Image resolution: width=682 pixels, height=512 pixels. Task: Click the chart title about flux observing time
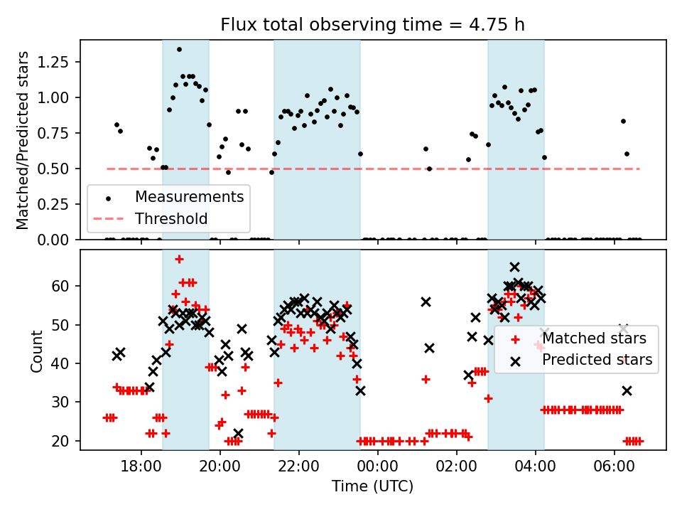373,25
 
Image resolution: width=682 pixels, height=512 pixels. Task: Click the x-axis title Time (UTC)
373,486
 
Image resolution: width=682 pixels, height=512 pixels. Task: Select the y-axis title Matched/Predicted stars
23,140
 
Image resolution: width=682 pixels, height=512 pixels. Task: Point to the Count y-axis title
37,350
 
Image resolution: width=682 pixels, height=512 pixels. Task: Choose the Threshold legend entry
171,218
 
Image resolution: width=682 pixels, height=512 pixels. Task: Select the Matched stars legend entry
594,338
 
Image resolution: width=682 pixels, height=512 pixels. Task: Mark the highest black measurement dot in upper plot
179,49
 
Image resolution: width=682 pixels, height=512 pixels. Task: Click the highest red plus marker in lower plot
179,259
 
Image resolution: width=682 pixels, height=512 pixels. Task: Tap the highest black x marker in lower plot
514,267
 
